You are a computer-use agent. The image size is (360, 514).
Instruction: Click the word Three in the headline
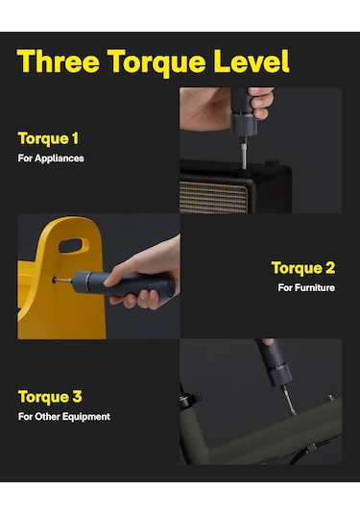tap(59, 61)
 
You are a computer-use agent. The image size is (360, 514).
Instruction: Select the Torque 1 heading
tap(48, 138)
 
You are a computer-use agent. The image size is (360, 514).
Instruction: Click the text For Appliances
tap(51, 159)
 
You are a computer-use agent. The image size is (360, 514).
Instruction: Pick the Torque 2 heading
tap(303, 268)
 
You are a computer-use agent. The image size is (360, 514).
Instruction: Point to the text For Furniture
tap(306, 287)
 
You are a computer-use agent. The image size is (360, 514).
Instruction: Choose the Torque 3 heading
tap(50, 397)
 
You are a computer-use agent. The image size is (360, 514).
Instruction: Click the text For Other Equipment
tap(64, 417)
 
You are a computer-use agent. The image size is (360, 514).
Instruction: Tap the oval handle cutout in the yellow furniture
tap(74, 246)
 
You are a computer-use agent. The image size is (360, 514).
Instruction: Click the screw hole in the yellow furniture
tap(54, 281)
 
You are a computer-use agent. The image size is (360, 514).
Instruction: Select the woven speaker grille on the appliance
tap(213, 197)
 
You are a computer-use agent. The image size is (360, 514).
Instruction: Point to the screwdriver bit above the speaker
tap(243, 154)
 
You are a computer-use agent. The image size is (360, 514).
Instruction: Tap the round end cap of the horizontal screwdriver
tap(170, 288)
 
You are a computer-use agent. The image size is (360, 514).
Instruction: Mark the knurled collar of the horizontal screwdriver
tap(80, 281)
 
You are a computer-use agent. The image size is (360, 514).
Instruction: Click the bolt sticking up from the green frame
tap(330, 398)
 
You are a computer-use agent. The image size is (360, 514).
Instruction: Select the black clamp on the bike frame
tap(189, 398)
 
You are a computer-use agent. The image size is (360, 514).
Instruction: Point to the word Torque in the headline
tap(156, 62)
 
